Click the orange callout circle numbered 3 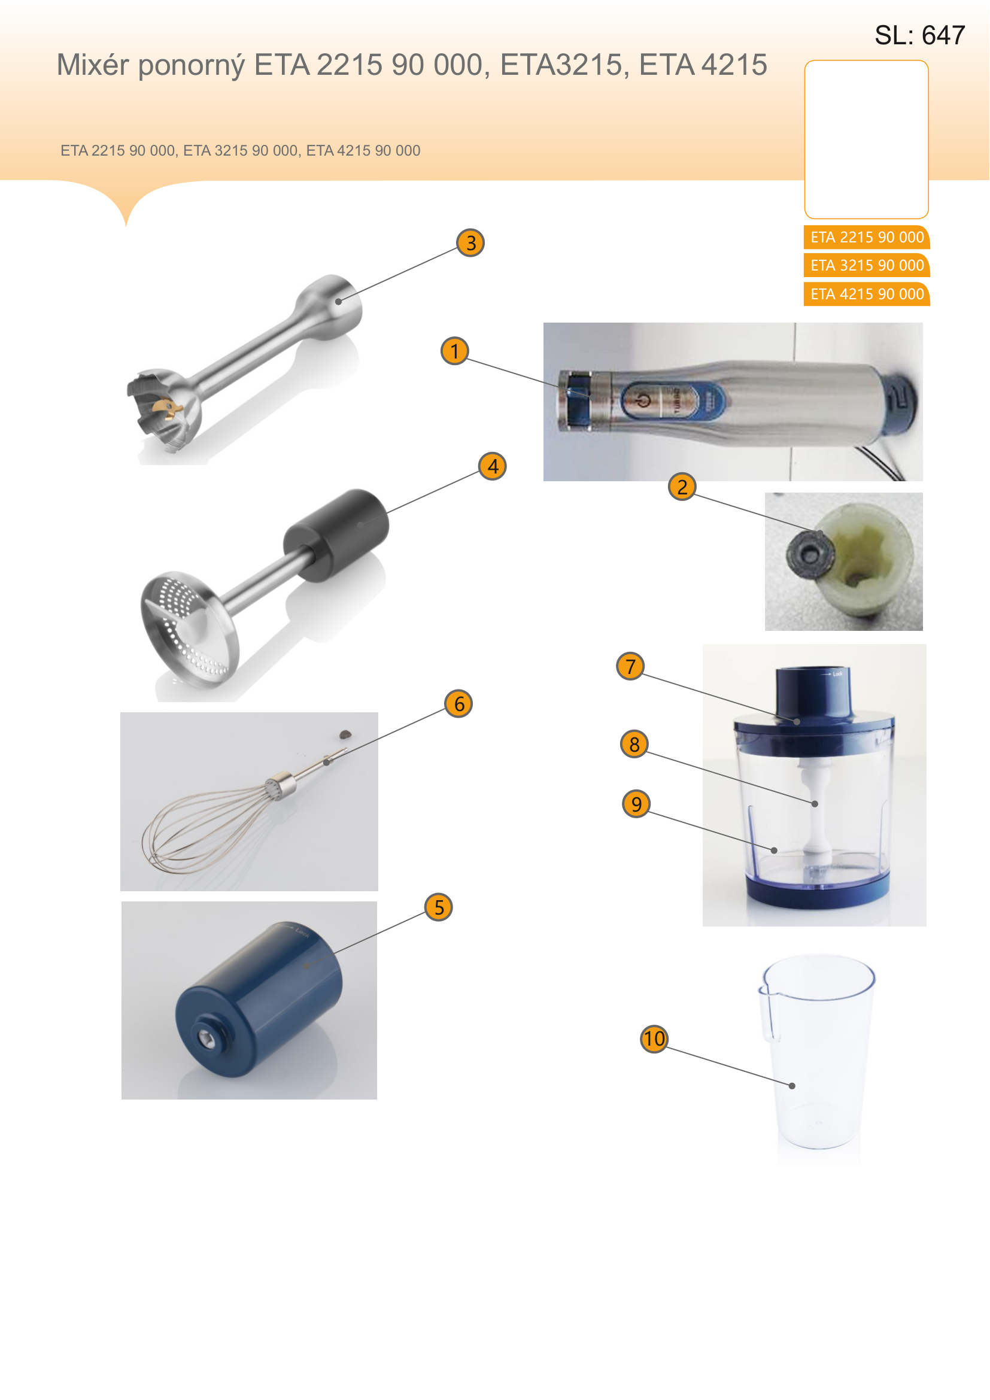(x=470, y=242)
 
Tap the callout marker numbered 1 (x=455, y=351)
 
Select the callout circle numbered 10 (x=654, y=1038)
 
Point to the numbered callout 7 (x=630, y=666)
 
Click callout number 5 (x=439, y=907)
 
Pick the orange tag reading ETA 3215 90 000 (x=867, y=265)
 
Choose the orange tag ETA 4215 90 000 (x=867, y=294)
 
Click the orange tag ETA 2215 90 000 (x=867, y=237)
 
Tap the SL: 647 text (x=920, y=35)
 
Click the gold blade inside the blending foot (x=166, y=408)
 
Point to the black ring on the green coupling (x=810, y=554)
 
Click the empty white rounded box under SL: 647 (x=866, y=139)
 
